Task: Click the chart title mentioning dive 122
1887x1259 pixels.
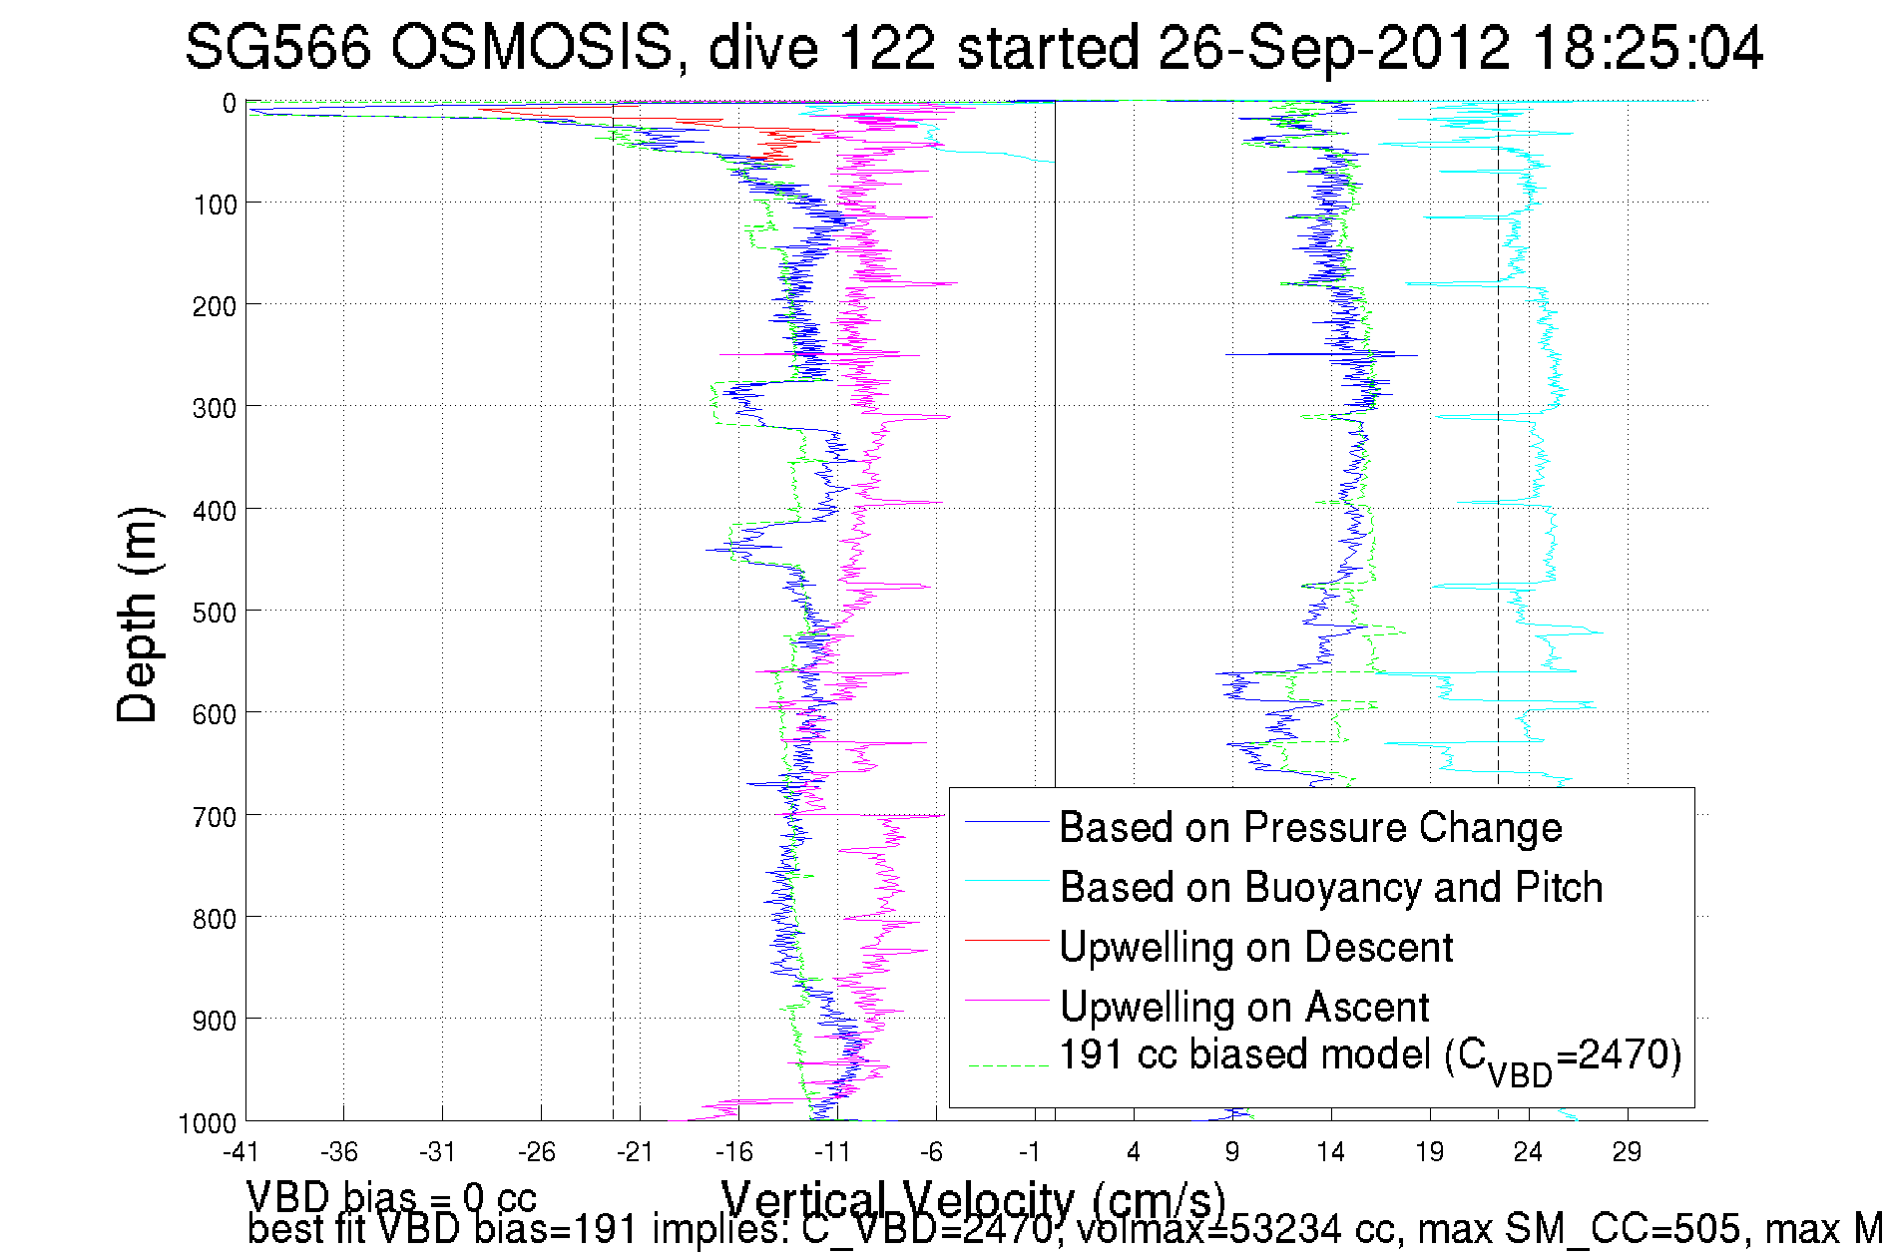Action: [973, 47]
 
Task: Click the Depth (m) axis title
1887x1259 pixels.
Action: [138, 615]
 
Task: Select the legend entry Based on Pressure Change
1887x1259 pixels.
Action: [1309, 827]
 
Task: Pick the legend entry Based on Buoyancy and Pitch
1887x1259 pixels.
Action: [1330, 887]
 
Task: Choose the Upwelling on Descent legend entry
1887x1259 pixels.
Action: [1255, 947]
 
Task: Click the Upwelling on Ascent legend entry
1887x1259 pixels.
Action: [1243, 1007]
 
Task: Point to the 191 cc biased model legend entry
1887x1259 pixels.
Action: [1369, 1057]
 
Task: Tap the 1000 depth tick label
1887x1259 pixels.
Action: [208, 1123]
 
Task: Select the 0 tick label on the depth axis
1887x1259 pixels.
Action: [230, 103]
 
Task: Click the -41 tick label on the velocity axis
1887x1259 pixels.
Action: [240, 1152]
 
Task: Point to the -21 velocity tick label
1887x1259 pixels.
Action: [635, 1152]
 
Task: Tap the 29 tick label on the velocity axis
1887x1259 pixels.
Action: [1627, 1152]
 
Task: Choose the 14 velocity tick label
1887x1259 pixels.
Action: [1330, 1152]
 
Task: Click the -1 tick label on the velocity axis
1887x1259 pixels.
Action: [1030, 1152]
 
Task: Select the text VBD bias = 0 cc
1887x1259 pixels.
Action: [391, 1195]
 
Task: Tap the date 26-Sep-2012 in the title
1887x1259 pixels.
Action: [1333, 47]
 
